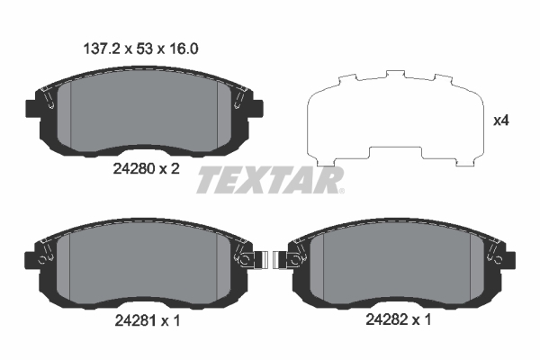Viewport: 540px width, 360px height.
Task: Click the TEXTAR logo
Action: (x=270, y=181)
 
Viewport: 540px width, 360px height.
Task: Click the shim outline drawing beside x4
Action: (x=391, y=121)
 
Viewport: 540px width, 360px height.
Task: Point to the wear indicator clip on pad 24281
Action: (x=254, y=261)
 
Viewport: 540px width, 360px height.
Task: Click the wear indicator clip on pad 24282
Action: (x=286, y=261)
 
